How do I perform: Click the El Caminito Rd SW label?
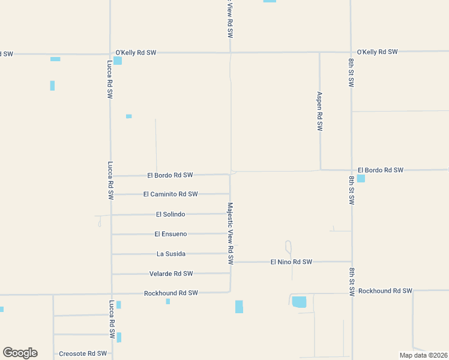170,194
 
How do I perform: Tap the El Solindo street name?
170,214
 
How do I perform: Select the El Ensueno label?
170,234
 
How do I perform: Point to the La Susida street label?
171,254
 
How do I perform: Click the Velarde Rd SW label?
171,274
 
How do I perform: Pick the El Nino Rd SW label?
291,262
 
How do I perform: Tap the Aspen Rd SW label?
320,112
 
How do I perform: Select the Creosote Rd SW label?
83,354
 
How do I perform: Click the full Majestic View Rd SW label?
231,233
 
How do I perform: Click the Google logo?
20,353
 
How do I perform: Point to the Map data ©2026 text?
424,355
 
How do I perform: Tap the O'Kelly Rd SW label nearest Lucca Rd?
136,53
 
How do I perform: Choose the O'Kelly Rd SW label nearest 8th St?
377,52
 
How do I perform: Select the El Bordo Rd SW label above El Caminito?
170,175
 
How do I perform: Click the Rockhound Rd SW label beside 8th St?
385,291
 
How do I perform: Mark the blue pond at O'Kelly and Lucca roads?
118,61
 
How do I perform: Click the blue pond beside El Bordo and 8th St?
361,178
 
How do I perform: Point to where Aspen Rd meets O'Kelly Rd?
319,52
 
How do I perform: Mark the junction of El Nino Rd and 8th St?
352,262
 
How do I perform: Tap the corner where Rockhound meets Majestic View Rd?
231,292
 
